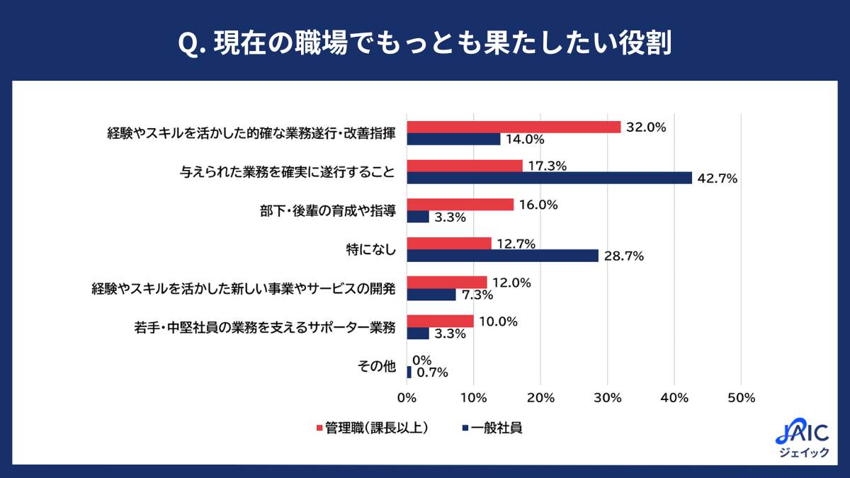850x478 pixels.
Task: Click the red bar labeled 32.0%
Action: pyautogui.click(x=514, y=127)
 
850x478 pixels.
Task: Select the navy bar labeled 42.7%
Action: pyautogui.click(x=549, y=178)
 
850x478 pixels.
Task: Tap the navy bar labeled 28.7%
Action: pyautogui.click(x=502, y=256)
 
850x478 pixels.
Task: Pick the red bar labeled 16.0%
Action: pyautogui.click(x=460, y=205)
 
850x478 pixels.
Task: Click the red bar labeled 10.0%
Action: pyautogui.click(x=440, y=321)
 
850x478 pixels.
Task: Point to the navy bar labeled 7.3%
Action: pyautogui.click(x=431, y=295)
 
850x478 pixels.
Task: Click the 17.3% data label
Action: pyautogui.click(x=548, y=166)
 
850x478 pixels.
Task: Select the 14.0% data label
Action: pyautogui.click(x=525, y=140)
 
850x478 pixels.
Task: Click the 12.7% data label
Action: pyautogui.click(x=516, y=244)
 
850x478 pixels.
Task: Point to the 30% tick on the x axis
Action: pyautogui.click(x=607, y=398)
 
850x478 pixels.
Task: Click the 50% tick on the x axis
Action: pyautogui.click(x=741, y=398)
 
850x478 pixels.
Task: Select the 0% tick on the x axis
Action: pyautogui.click(x=407, y=398)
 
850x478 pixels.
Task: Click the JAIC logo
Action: pyautogui.click(x=803, y=438)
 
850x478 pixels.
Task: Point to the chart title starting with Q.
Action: pyautogui.click(x=424, y=42)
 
